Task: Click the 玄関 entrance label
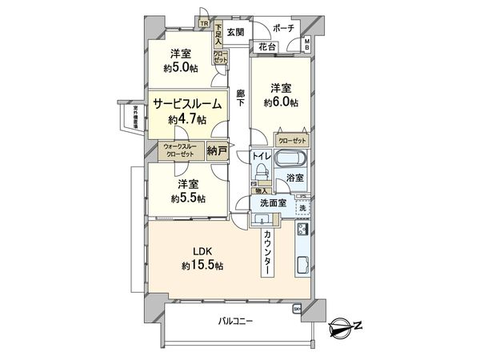[234, 33]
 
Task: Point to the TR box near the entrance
[204, 23]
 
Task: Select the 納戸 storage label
[216, 149]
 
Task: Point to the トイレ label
[261, 158]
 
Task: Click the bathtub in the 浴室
[293, 157]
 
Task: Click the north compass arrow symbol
[346, 326]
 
